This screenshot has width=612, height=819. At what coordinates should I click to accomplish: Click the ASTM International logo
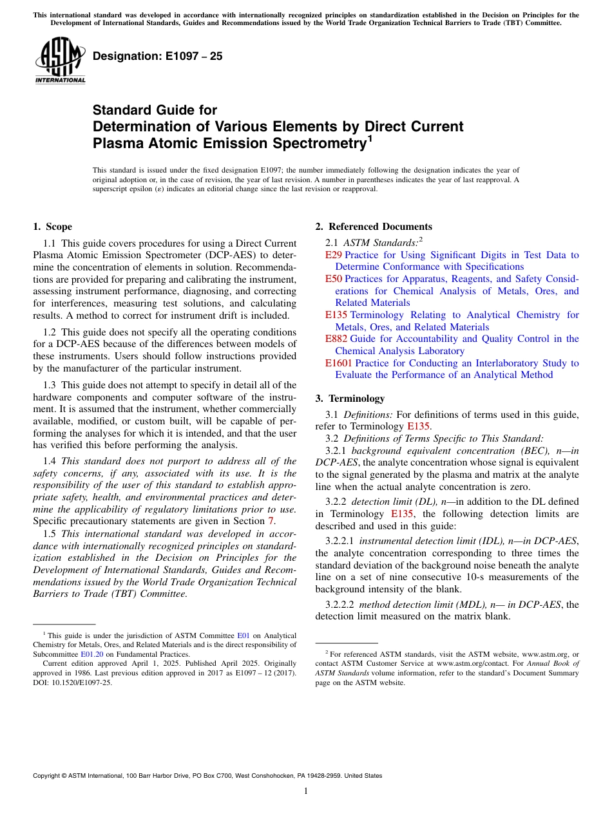(59, 60)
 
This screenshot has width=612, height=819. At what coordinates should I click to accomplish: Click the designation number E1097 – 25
(157, 56)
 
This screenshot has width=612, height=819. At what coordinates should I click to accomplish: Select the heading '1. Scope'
(52, 227)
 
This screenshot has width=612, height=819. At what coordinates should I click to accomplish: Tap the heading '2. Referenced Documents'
(374, 227)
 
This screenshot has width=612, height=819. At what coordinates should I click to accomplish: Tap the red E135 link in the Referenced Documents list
(336, 315)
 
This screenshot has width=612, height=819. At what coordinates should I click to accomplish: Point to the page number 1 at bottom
(306, 791)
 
